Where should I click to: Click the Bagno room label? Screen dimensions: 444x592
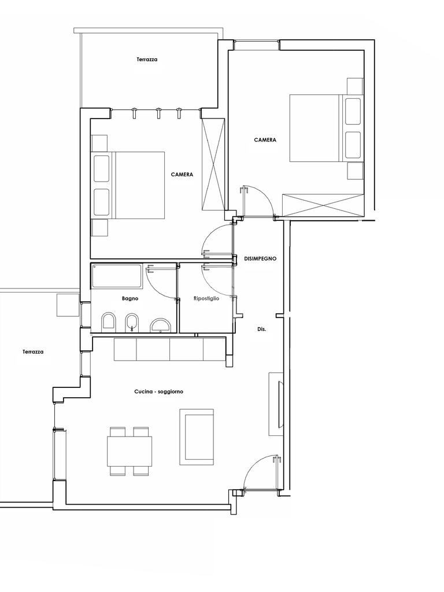[130, 298]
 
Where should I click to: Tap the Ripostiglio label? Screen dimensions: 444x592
[206, 298]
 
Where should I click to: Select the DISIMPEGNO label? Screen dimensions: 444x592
[260, 258]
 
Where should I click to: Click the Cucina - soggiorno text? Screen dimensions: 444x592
[158, 391]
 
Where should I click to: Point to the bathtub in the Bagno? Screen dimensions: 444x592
[117, 276]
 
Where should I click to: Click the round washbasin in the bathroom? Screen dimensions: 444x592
[161, 325]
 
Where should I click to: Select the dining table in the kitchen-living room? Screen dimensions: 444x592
[130, 451]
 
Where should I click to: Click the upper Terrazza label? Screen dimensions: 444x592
[147, 60]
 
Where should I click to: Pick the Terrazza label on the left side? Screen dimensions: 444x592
[33, 351]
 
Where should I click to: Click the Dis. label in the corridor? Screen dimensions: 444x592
[262, 329]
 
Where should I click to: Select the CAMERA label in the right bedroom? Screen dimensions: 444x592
[265, 140]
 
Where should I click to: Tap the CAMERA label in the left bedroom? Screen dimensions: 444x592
[182, 175]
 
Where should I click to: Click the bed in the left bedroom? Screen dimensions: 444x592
[128, 185]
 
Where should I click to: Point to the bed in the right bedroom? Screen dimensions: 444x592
[326, 128]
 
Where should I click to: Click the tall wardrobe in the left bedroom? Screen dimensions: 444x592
[213, 164]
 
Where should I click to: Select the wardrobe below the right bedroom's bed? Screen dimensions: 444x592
[323, 205]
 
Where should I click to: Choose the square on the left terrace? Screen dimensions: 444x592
[68, 305]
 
